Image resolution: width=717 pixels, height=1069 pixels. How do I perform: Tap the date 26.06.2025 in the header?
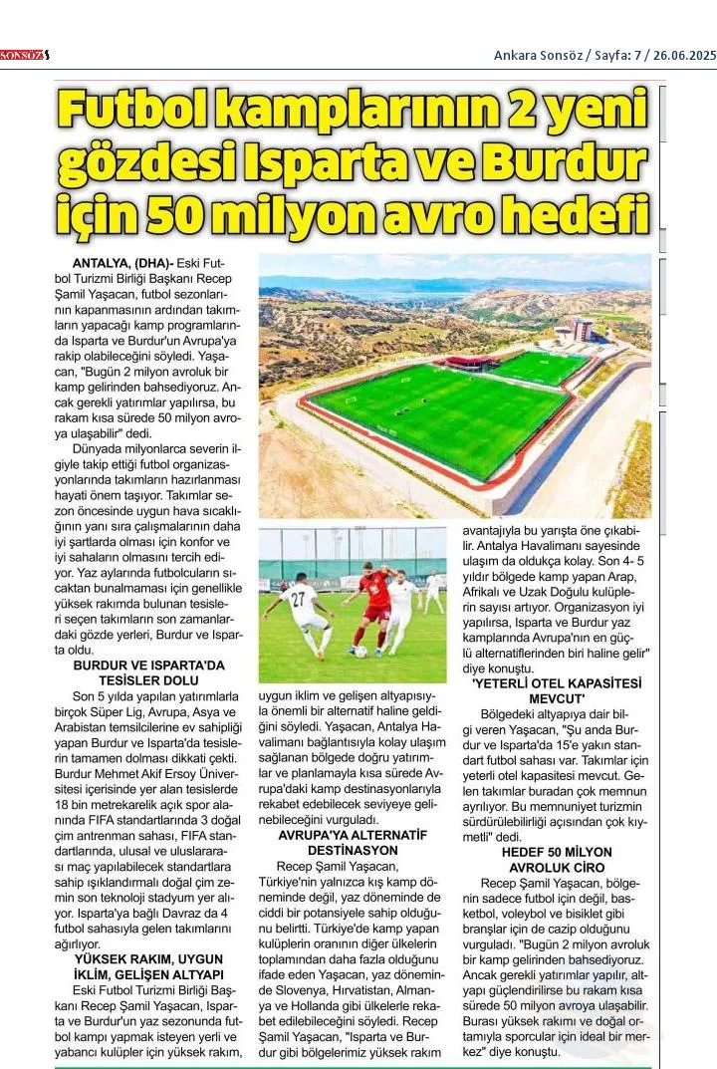[684, 55]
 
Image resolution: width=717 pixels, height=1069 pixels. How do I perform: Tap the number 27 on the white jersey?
[297, 598]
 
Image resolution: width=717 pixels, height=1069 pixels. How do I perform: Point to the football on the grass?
[361, 652]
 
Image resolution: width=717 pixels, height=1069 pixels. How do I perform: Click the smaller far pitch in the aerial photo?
[541, 368]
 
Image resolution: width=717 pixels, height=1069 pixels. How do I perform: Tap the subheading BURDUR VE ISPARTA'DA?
[150, 665]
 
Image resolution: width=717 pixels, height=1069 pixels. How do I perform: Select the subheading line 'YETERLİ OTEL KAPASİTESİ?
[557, 683]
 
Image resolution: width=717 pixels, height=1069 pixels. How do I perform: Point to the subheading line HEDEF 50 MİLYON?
[557, 853]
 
